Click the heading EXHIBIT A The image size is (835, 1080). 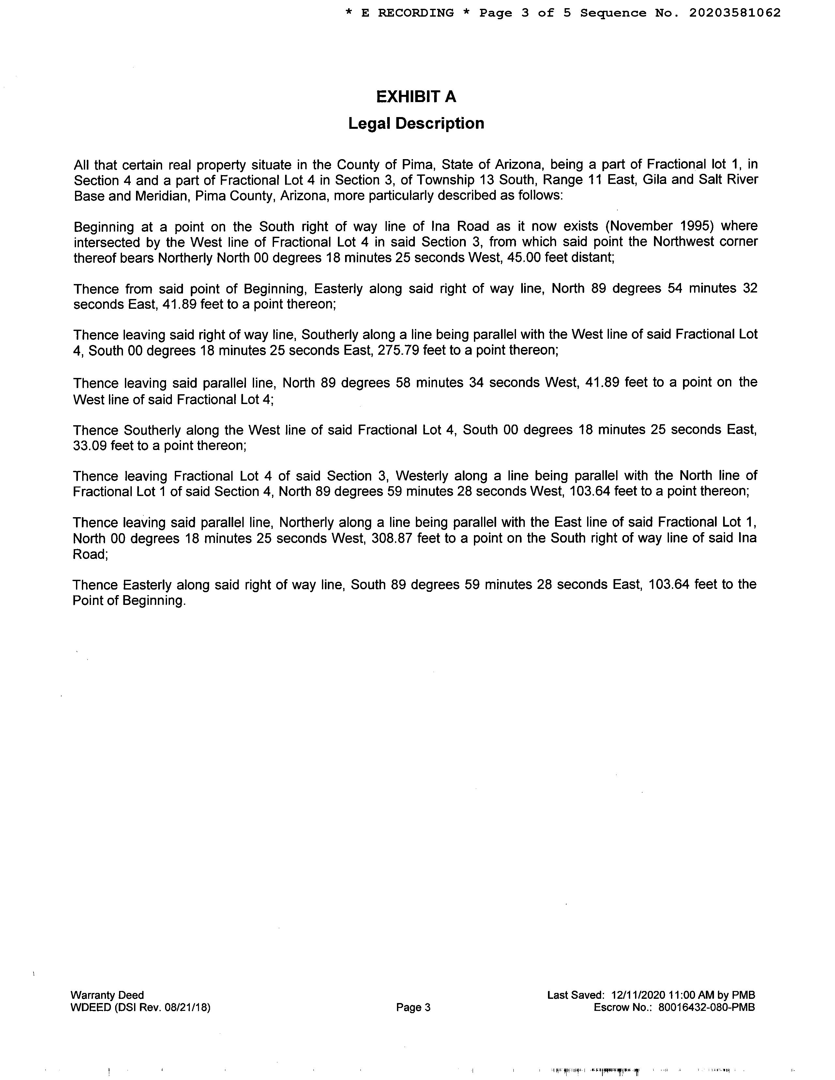[x=416, y=97]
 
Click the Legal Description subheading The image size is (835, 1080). [x=416, y=123]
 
